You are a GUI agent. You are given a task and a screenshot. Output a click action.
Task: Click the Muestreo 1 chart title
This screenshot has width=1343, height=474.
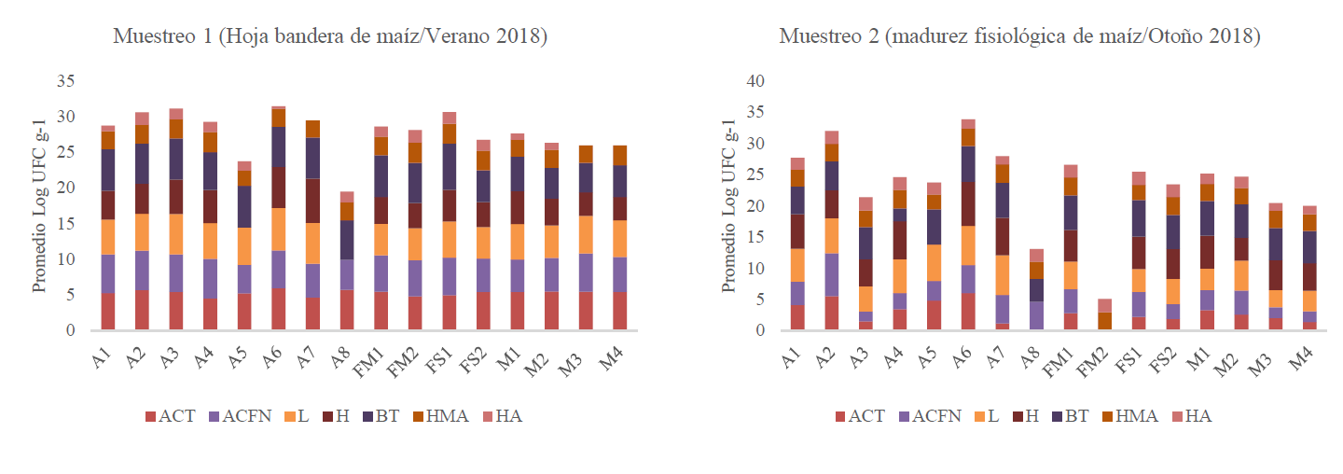329,37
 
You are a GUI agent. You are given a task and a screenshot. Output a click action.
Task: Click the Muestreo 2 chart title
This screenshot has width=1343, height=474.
1019,37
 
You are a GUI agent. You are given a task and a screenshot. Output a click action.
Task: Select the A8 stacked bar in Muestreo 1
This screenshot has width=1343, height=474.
347,260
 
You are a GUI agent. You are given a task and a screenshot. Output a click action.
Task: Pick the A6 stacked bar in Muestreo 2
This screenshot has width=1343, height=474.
968,225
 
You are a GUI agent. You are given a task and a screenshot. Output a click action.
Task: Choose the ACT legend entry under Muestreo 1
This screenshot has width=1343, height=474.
170,415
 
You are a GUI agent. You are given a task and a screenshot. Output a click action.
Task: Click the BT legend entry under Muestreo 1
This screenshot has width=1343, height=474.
377,415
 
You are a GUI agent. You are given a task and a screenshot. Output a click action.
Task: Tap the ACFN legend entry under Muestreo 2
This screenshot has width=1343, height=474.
922,415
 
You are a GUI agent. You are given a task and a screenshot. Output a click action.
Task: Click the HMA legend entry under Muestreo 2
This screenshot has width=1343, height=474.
1131,415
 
